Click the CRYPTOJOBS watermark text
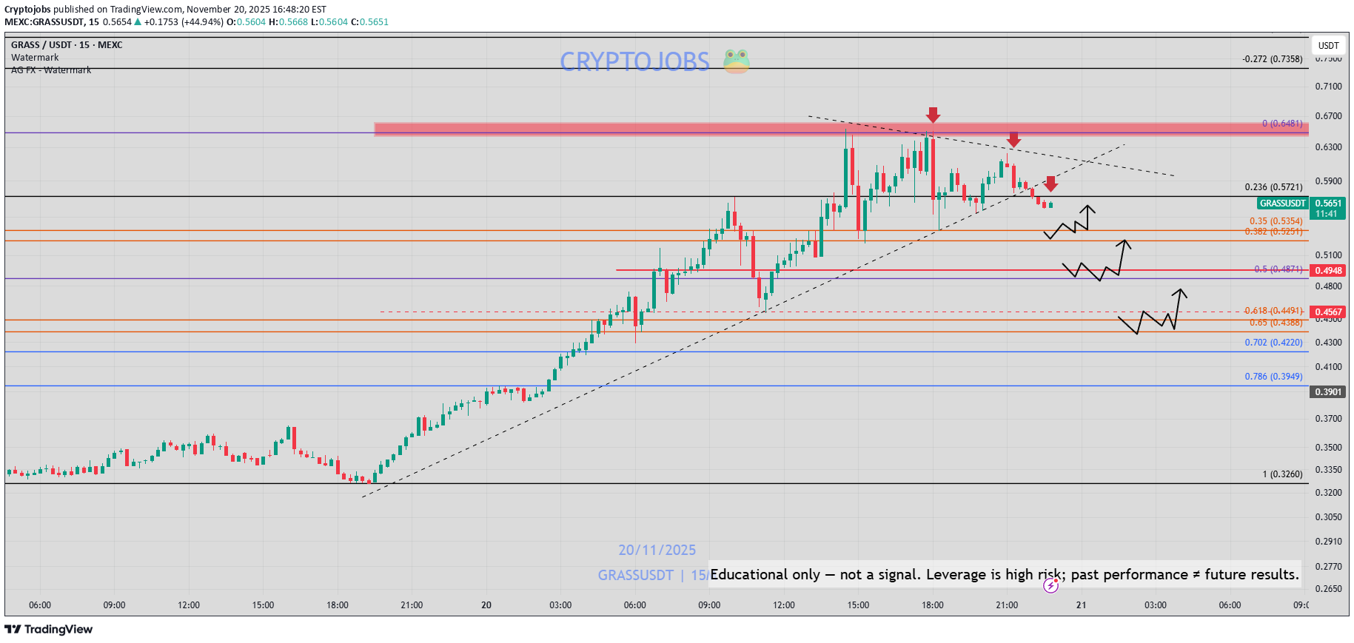(634, 61)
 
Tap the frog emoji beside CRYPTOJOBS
(736, 61)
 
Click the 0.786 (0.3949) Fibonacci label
(1273, 377)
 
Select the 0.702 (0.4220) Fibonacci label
(1273, 343)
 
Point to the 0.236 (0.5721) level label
(1273, 187)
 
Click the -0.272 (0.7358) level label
(1272, 59)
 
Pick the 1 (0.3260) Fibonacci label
(1282, 474)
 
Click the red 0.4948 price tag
(1328, 271)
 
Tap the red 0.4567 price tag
(1328, 312)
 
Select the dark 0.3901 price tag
(1328, 392)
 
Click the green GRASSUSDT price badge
(1282, 203)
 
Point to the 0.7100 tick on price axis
(1328, 87)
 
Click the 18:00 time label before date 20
(338, 605)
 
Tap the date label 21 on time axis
(1081, 605)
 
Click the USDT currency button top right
(1328, 46)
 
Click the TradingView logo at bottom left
(49, 629)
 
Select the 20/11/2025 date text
(657, 551)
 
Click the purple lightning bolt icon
(1050, 587)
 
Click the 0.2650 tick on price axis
(1328, 589)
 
